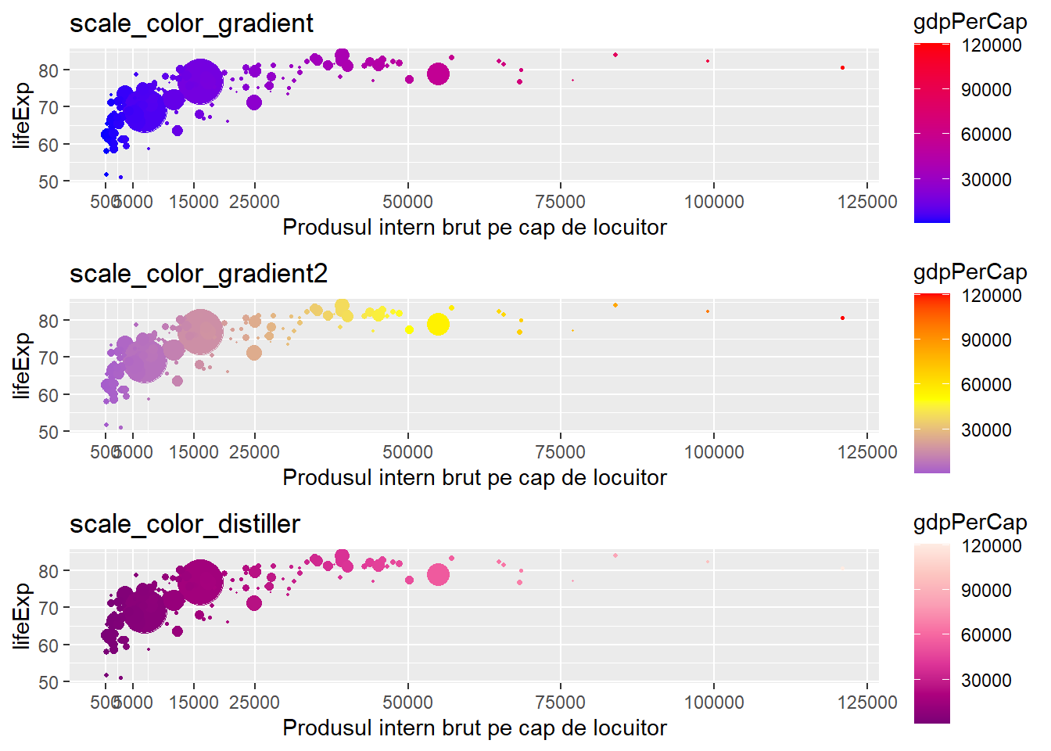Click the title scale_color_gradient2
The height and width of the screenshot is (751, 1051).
tap(199, 274)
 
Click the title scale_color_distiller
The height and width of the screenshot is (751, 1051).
tap(185, 524)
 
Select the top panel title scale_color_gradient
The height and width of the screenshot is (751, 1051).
tap(192, 23)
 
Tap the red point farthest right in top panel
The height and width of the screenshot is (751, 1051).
tap(842, 68)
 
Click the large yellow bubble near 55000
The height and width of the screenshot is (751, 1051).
tap(438, 324)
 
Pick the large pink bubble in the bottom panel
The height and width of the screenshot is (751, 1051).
tap(438, 575)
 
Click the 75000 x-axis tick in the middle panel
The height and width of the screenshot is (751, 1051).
tap(560, 452)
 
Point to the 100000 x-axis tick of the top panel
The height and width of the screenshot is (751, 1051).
tap(713, 202)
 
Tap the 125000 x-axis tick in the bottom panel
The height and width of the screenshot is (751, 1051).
tap(866, 702)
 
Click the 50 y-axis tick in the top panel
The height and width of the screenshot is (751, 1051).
tap(49, 181)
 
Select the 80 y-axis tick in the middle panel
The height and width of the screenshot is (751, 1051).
tap(49, 321)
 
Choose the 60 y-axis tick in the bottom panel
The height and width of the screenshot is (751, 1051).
tap(49, 645)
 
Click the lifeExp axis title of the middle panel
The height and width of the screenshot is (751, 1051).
tap(22, 365)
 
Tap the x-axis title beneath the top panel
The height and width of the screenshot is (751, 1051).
tap(474, 228)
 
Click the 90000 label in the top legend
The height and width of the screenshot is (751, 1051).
tap(986, 90)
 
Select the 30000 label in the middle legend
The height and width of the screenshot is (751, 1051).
tap(986, 430)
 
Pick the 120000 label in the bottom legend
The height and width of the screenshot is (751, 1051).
tap(991, 546)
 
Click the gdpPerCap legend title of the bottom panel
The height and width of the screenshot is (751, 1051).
tap(970, 522)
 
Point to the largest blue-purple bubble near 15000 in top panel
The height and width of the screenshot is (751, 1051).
tap(199, 81)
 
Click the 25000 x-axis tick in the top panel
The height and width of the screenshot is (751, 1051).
tap(254, 202)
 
